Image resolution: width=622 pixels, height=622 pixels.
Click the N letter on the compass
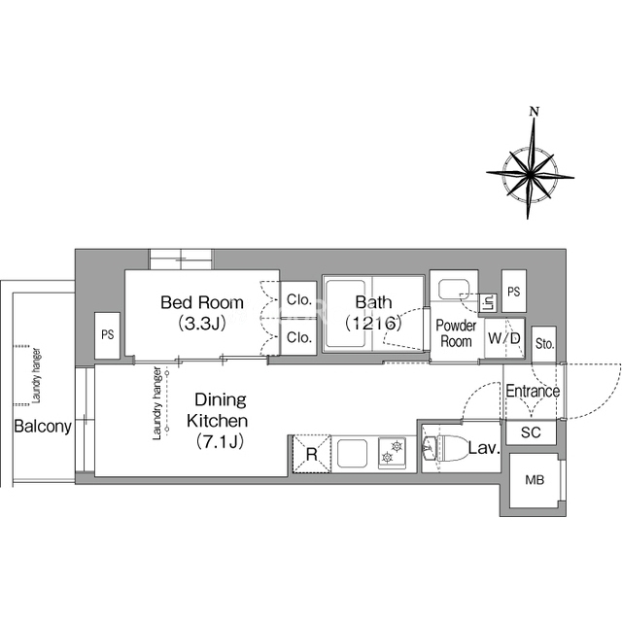535,112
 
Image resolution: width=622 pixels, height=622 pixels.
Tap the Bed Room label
202,302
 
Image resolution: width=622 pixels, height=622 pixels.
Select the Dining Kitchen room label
218,410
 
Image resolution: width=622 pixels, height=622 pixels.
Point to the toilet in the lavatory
445,449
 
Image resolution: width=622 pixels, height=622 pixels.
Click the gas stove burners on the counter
392,453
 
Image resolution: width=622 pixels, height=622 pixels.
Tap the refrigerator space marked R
312,454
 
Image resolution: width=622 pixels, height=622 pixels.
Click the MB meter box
535,480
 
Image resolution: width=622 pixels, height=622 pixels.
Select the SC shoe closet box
532,432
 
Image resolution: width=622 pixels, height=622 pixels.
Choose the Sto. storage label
544,343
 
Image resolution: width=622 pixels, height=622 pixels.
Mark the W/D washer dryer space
504,338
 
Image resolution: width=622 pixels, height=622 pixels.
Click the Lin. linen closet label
489,303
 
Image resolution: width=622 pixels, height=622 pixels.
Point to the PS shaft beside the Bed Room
108,335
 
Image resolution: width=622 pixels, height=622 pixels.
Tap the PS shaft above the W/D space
514,292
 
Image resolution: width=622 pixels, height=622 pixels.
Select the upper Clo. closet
298,300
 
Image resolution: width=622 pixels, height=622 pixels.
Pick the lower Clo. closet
298,337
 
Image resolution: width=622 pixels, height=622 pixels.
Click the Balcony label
43,427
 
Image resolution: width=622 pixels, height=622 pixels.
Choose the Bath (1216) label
373,313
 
